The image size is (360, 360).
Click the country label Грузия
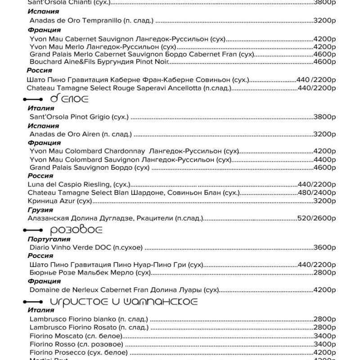[x=40, y=210]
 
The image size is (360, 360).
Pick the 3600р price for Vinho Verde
[x=324, y=247]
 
